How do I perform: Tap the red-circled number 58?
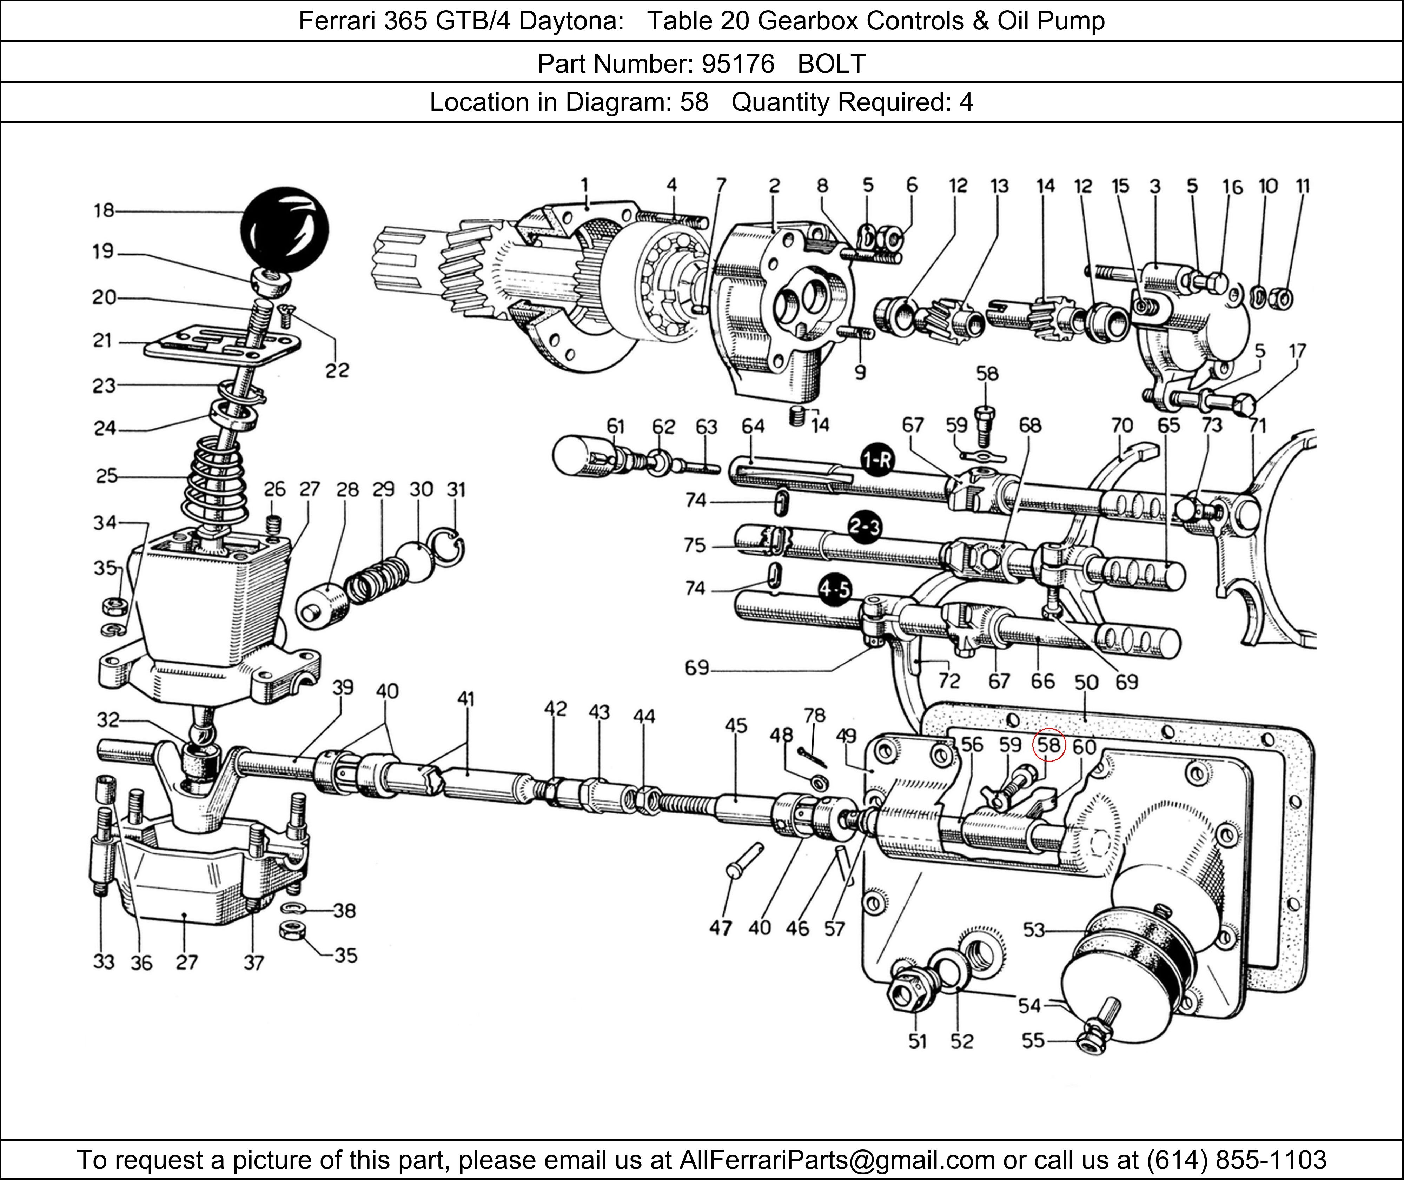coord(1048,745)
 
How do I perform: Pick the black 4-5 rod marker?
coord(835,589)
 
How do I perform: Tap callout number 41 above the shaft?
coord(466,699)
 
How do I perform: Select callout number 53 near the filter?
coord(1034,930)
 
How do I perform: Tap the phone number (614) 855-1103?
coord(1236,1159)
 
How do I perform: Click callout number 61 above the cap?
coord(615,426)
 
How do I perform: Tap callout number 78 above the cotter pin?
coord(814,715)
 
